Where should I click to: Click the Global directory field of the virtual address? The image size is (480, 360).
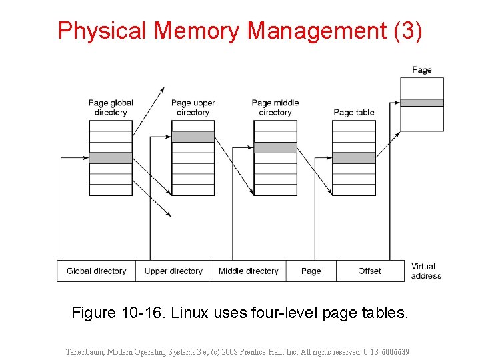(96, 271)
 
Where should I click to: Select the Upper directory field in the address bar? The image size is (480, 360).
(173, 271)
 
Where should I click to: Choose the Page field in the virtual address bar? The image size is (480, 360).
(311, 271)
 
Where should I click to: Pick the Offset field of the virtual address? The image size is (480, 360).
(369, 271)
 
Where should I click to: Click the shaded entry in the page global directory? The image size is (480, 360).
(111, 158)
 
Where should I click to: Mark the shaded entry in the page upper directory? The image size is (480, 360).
(193, 137)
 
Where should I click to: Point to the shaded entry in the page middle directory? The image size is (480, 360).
(275, 147)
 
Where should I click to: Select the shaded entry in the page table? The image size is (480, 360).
(354, 158)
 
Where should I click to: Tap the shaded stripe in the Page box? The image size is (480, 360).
(421, 103)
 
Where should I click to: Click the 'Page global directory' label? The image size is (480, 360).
(111, 107)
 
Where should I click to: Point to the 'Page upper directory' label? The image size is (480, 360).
(193, 107)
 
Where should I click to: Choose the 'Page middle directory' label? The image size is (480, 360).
(275, 107)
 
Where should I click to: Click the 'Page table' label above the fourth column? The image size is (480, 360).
(354, 112)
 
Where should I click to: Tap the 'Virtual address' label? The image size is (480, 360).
(425, 271)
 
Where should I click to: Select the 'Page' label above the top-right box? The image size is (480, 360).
(421, 70)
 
